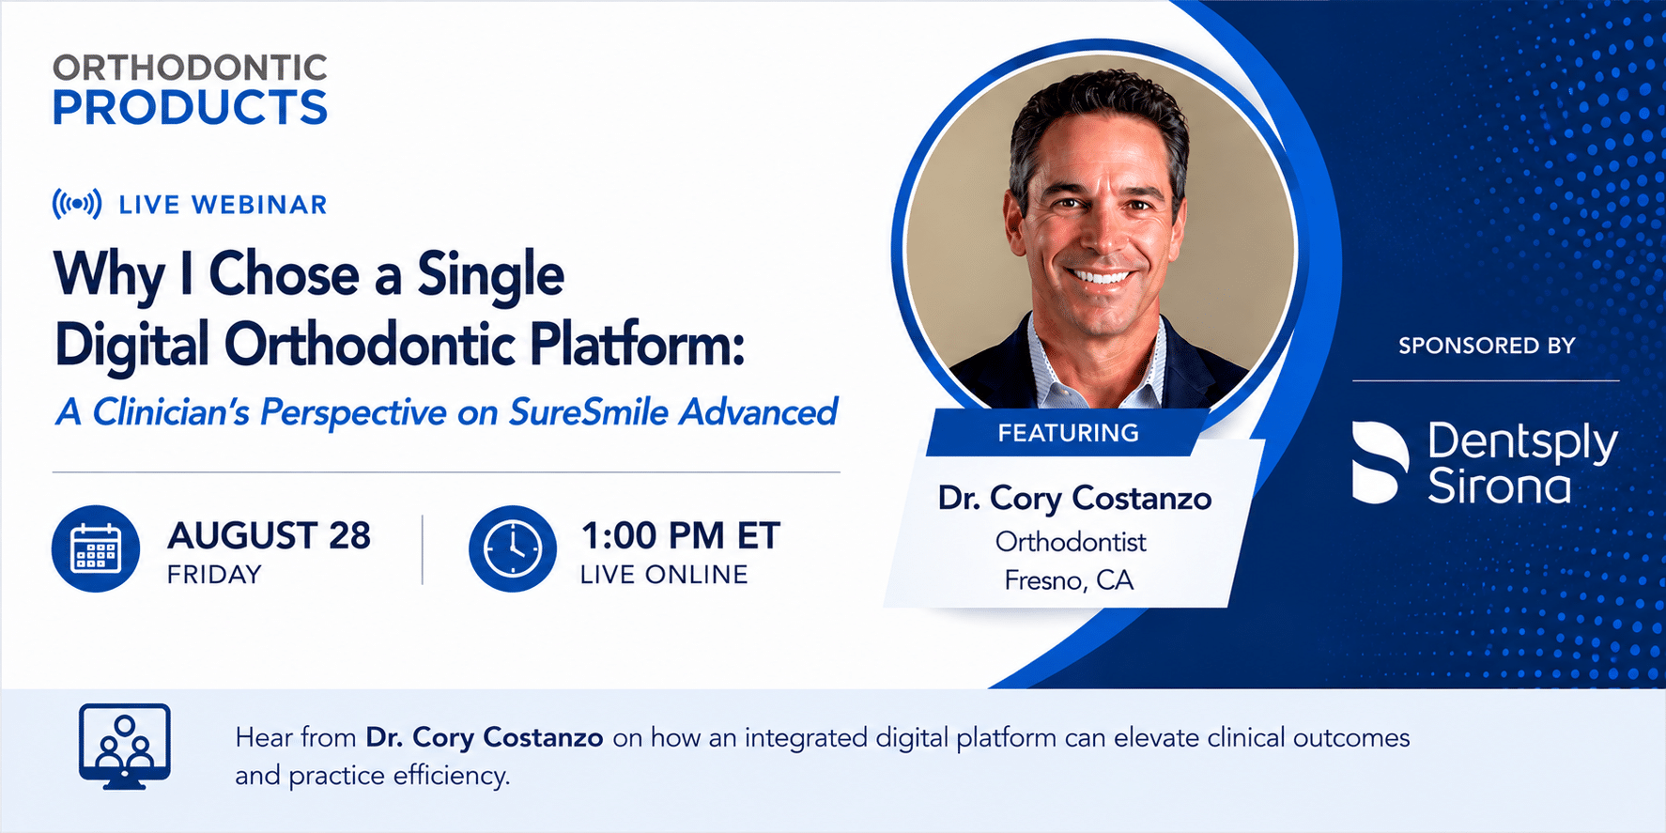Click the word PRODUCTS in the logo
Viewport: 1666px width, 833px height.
point(190,108)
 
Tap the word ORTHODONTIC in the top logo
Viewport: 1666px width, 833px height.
point(190,68)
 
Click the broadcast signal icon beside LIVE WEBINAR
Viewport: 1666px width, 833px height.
point(77,204)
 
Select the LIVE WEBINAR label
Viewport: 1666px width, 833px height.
point(223,205)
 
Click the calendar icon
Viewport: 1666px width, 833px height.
point(96,548)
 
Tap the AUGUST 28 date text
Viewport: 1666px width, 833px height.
point(269,535)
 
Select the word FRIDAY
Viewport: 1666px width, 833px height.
point(214,575)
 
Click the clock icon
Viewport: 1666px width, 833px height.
point(513,548)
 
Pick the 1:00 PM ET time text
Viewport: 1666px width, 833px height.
point(681,535)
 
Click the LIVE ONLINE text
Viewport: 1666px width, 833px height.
point(664,575)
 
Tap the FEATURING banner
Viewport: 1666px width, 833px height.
point(1068,433)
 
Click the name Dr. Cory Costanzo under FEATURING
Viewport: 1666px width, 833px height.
point(1074,499)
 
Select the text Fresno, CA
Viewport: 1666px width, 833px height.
point(1069,580)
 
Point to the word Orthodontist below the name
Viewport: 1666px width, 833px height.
point(1071,542)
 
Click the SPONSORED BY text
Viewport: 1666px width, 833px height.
point(1487,346)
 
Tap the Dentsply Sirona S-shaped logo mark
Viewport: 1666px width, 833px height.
point(1380,462)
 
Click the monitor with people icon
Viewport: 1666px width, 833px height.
point(125,747)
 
